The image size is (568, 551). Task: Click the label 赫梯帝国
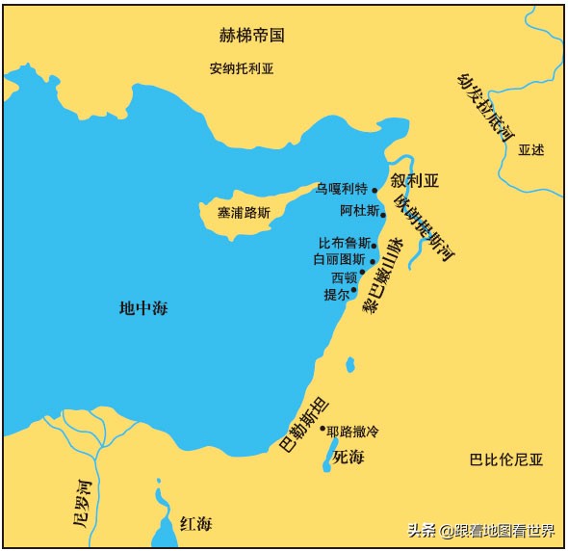(253, 36)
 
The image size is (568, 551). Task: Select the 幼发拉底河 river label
(484, 108)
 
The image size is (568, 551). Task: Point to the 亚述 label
(530, 150)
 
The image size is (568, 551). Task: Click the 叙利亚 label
(414, 180)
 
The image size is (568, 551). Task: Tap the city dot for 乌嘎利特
(374, 190)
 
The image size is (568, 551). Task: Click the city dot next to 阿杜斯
(383, 215)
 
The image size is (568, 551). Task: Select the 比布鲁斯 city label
(344, 244)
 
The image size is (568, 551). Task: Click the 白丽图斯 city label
(339, 260)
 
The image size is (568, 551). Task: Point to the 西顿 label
(344, 277)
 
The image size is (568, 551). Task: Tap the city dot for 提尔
(353, 289)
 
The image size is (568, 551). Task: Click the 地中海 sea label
(143, 308)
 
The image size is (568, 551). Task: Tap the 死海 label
(348, 457)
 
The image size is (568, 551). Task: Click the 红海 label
(195, 523)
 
